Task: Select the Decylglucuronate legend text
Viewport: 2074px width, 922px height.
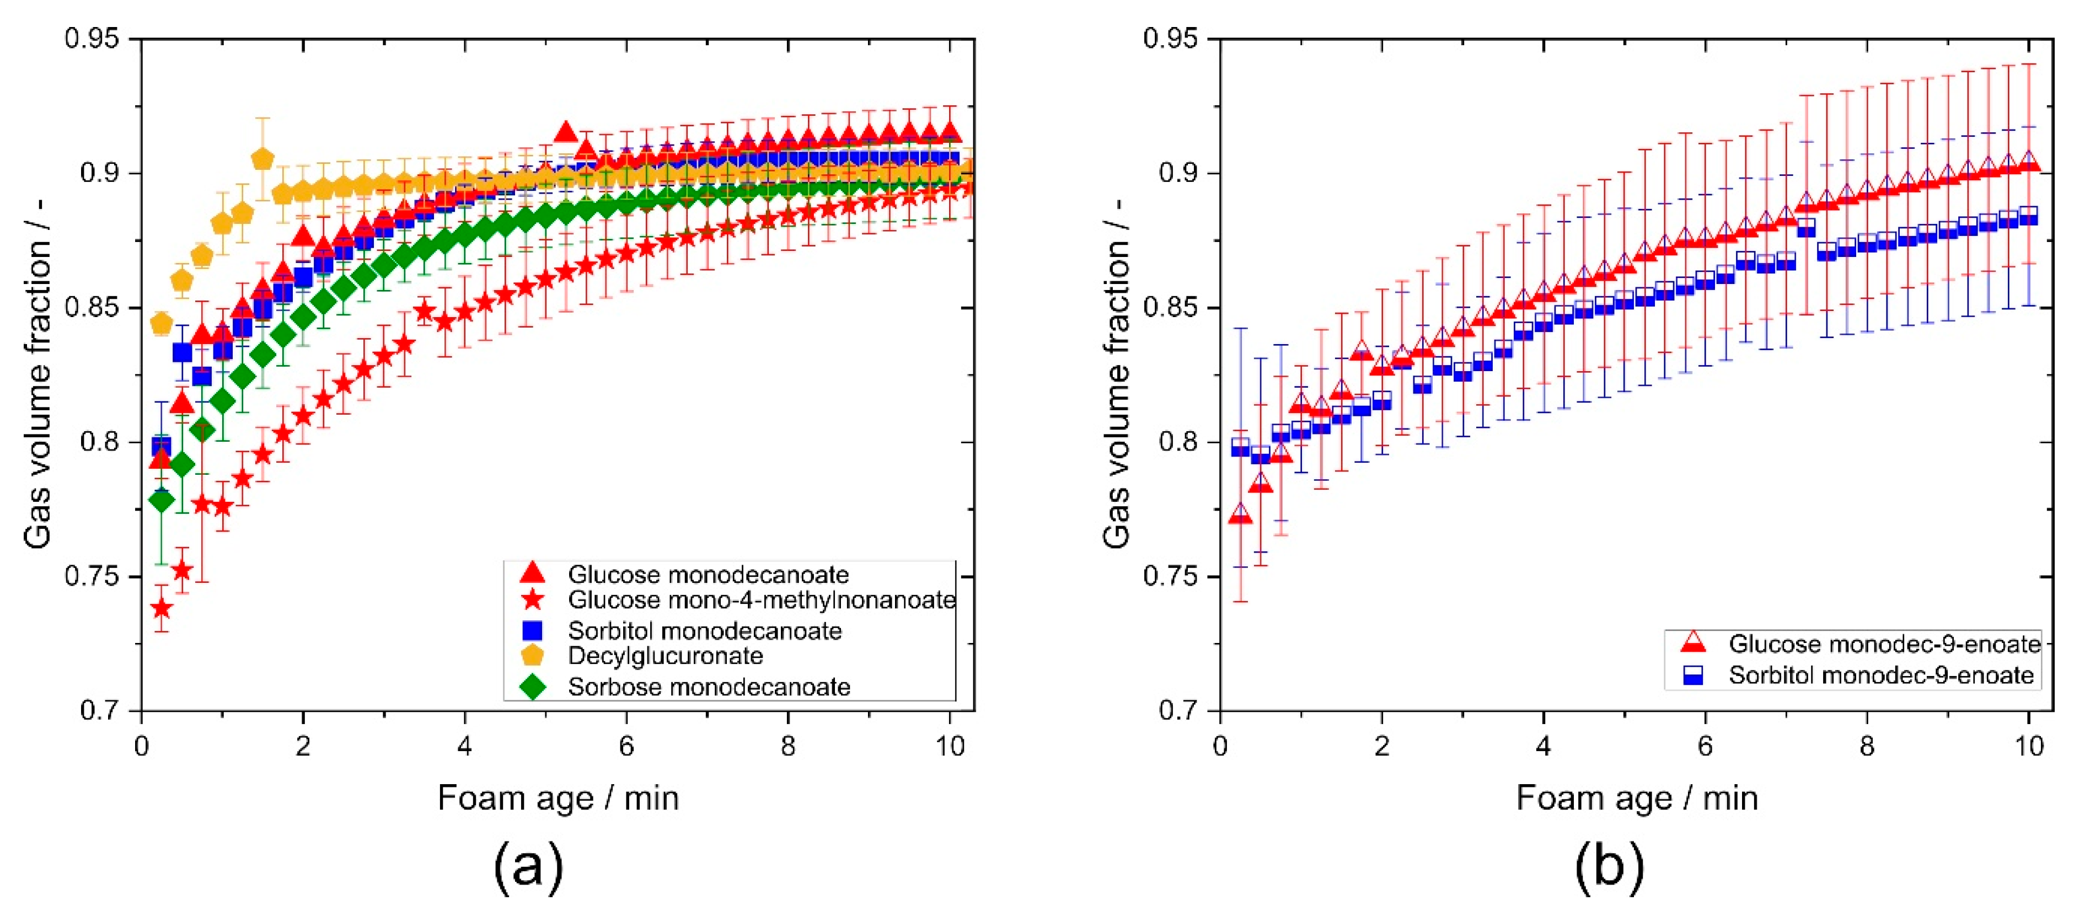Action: (x=665, y=656)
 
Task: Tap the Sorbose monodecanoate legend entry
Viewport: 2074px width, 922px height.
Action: (x=709, y=687)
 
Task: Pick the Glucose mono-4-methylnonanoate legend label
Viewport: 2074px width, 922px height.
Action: (x=761, y=600)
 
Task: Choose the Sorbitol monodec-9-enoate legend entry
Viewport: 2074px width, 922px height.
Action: (x=1881, y=675)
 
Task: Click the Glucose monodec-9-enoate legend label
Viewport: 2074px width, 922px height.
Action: (x=1884, y=644)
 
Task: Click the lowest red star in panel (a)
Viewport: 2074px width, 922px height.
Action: (x=162, y=608)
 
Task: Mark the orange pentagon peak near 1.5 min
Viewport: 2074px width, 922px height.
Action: (x=262, y=159)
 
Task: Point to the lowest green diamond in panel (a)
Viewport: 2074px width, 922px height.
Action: (x=162, y=501)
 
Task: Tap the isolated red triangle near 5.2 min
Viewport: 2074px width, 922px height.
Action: (x=566, y=133)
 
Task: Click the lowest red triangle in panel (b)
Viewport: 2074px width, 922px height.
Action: (x=1240, y=514)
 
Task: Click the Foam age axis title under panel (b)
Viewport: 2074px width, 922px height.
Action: (x=1636, y=798)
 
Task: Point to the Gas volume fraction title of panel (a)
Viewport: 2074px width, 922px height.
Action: (x=38, y=374)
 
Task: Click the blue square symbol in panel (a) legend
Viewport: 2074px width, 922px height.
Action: (x=532, y=630)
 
